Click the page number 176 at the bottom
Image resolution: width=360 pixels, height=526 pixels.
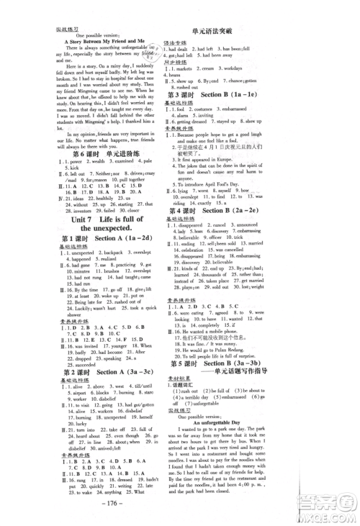180,513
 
